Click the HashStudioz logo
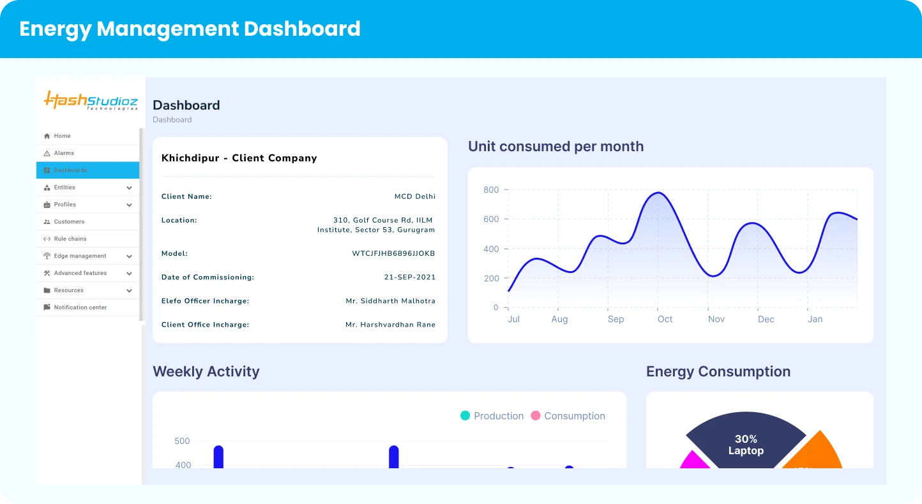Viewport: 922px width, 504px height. tap(91, 101)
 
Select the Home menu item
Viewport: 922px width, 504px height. tap(62, 136)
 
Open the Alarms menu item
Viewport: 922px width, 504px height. tap(64, 153)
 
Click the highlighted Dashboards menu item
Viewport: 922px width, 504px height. tap(70, 170)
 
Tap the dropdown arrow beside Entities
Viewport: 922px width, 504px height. tap(129, 188)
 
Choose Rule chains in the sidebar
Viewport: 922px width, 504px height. tap(70, 239)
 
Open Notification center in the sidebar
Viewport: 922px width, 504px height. tap(80, 308)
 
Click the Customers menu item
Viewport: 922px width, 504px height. tap(69, 221)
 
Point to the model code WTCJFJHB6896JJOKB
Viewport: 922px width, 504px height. tap(393, 253)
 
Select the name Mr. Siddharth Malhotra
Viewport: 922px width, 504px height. tap(390, 301)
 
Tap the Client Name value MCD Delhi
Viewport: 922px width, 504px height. tap(414, 196)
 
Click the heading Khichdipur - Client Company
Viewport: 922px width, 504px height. tap(239, 158)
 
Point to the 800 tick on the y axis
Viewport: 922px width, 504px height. tap(491, 189)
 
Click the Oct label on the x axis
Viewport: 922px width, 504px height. tap(665, 319)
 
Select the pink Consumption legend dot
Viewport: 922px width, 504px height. tap(536, 416)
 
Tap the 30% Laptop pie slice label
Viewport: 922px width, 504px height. tap(746, 445)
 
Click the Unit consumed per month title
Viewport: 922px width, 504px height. tap(555, 147)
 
